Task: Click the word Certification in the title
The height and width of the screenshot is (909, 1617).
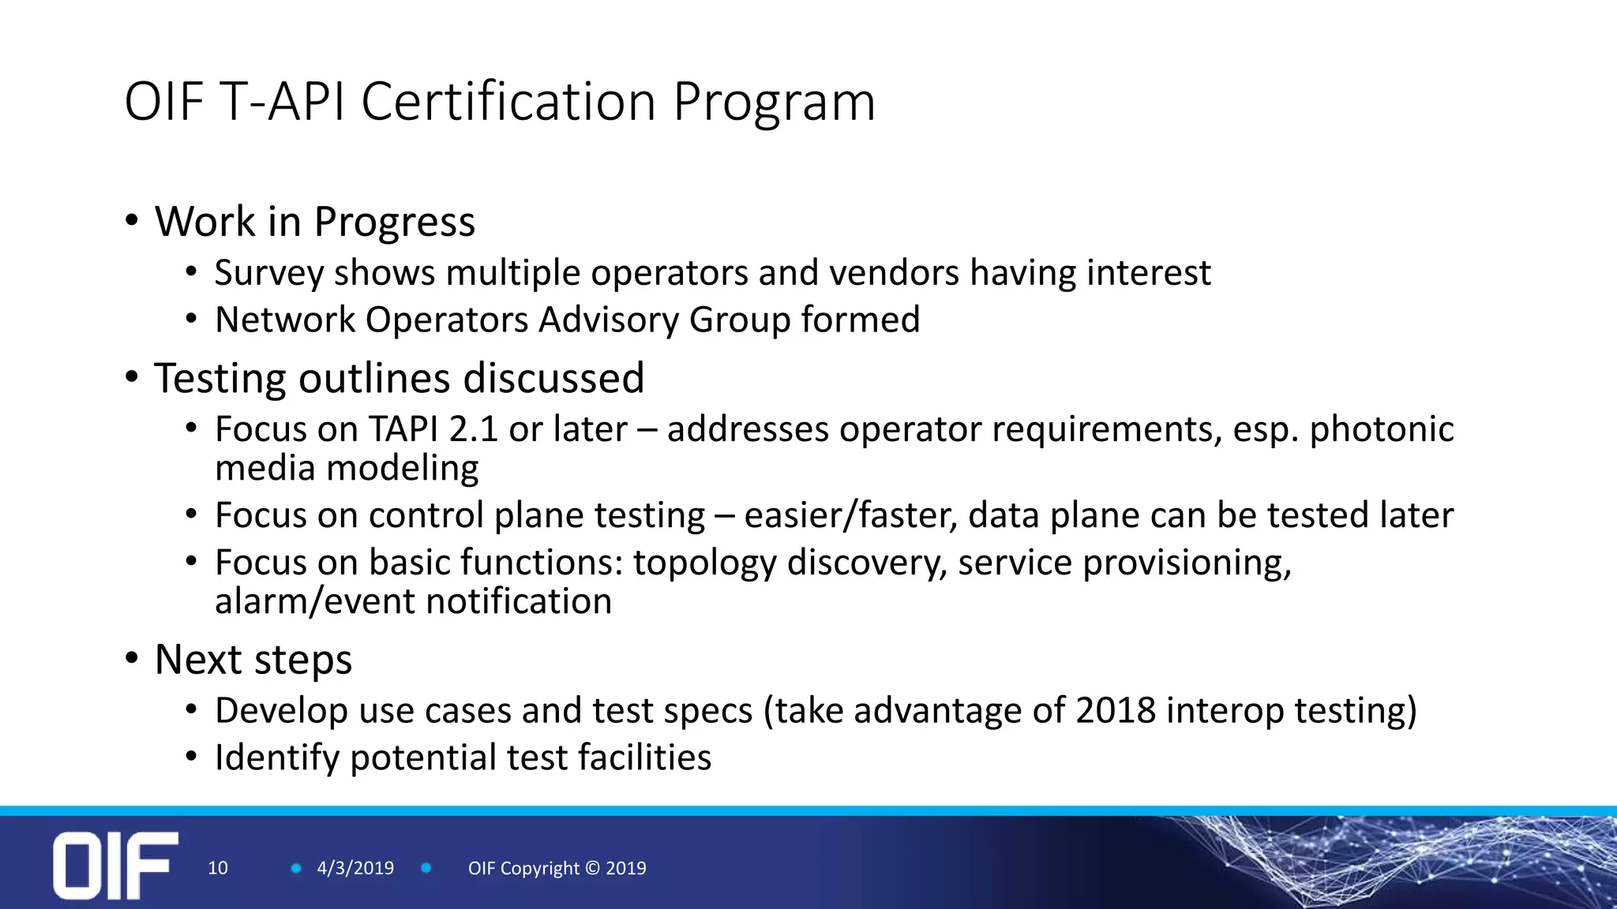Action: click(x=508, y=102)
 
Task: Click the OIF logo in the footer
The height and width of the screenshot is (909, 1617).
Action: click(x=115, y=865)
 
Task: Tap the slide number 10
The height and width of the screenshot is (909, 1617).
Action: click(x=217, y=868)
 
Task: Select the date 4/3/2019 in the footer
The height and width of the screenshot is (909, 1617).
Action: click(x=355, y=868)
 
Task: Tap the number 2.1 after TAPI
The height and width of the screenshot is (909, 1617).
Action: click(x=474, y=429)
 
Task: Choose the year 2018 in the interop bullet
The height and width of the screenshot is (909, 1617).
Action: click(x=1116, y=710)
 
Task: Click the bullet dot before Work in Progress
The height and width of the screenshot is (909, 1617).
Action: click(x=132, y=220)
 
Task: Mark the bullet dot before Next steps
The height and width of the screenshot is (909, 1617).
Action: click(x=132, y=658)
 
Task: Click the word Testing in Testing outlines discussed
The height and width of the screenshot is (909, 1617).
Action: click(x=219, y=379)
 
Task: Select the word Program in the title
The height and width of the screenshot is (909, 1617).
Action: click(x=774, y=102)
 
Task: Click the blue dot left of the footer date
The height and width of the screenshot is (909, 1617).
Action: click(x=296, y=868)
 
